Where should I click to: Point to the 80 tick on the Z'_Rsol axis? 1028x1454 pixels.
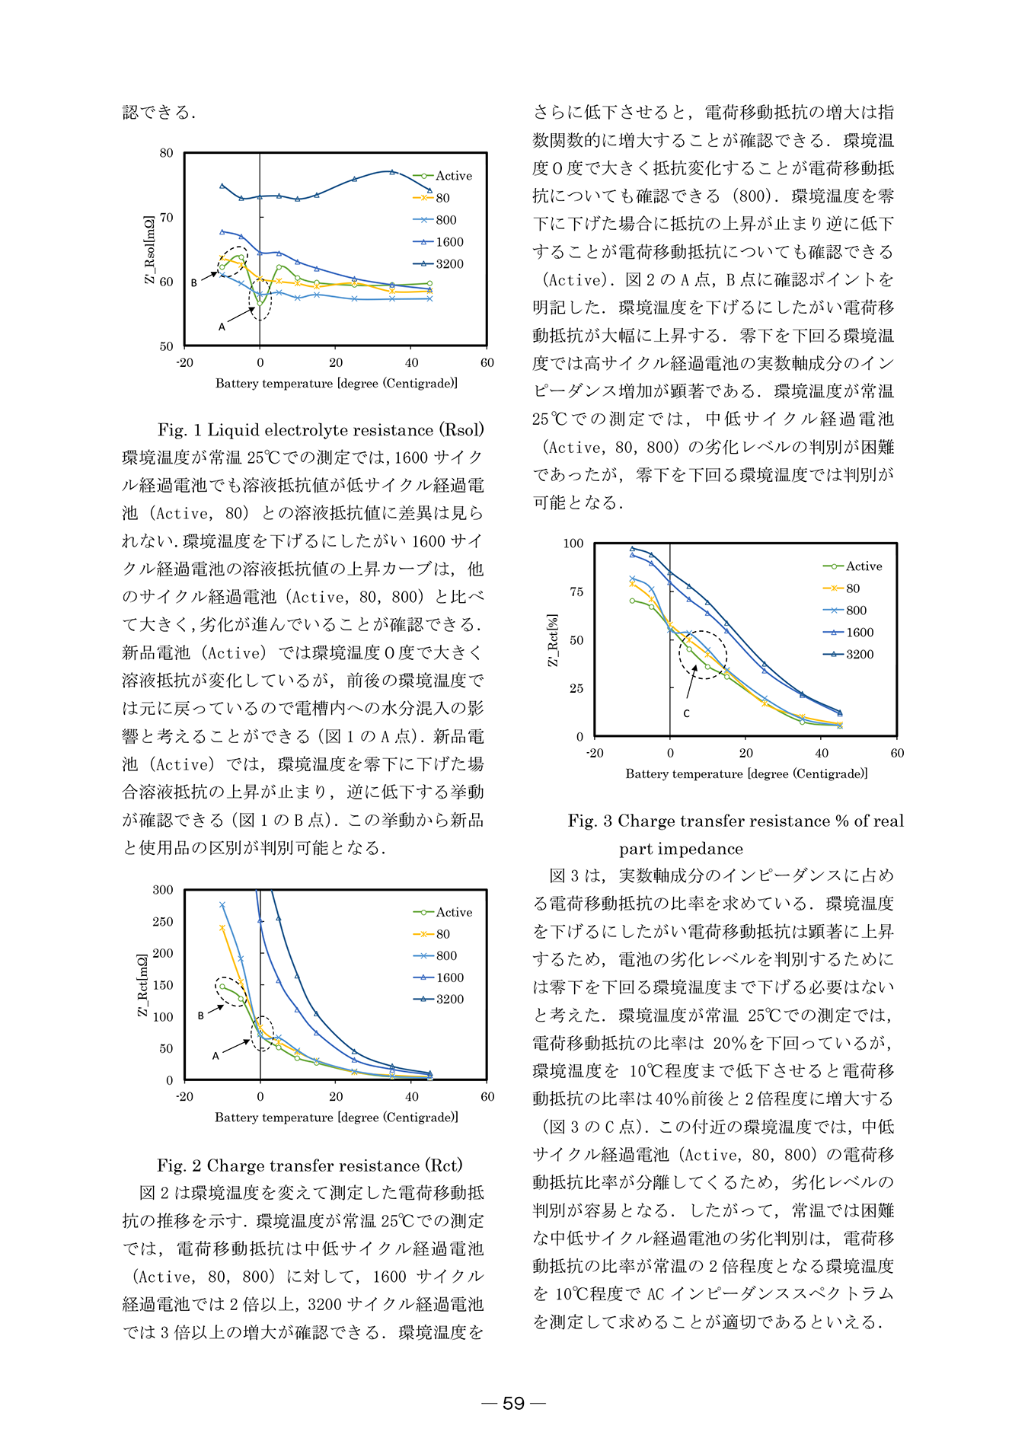(x=166, y=153)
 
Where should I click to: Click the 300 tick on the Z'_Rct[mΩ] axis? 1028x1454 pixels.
(x=163, y=890)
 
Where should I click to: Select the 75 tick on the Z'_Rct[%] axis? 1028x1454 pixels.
(x=576, y=591)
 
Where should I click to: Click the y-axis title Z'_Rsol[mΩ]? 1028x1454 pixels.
(x=149, y=250)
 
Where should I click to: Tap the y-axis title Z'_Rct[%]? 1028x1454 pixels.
(x=553, y=640)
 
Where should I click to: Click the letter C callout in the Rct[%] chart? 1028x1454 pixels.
(x=686, y=713)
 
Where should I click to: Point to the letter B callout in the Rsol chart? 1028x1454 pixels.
(x=194, y=282)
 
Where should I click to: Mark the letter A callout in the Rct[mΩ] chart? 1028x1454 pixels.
(x=215, y=1056)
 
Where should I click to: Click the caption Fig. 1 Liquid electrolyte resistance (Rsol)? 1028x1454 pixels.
(x=321, y=430)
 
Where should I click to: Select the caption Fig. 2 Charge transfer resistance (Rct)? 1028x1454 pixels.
(x=310, y=1165)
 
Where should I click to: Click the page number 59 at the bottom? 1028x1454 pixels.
(x=514, y=1403)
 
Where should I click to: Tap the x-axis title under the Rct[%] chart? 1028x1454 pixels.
(x=746, y=773)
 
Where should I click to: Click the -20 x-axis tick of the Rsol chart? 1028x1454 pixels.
(x=184, y=362)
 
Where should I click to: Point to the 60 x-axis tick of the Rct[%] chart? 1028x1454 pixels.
(x=897, y=753)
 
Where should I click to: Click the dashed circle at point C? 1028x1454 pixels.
(x=703, y=655)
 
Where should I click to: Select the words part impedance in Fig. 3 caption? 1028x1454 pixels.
(x=681, y=849)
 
